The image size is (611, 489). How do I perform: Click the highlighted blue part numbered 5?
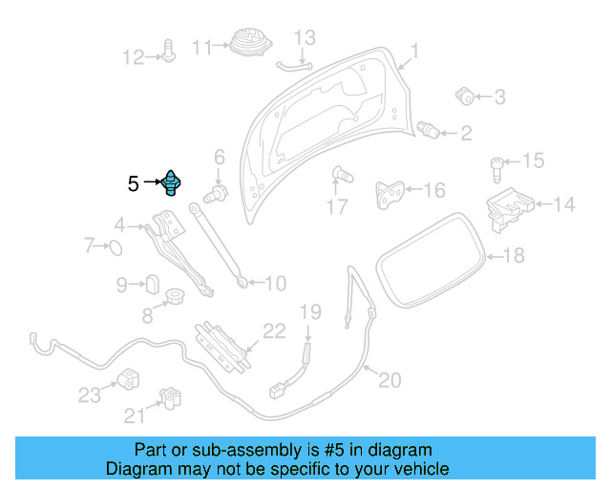click(172, 181)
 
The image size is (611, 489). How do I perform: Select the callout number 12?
click(132, 57)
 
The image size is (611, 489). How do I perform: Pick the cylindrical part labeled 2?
click(430, 129)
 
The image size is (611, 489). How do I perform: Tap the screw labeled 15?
click(497, 169)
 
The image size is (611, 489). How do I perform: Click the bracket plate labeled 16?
click(388, 194)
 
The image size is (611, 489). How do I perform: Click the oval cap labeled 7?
click(115, 248)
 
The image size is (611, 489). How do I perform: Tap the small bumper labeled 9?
click(150, 284)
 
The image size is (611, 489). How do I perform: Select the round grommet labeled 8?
click(176, 297)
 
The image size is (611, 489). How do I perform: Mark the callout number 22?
click(274, 331)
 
